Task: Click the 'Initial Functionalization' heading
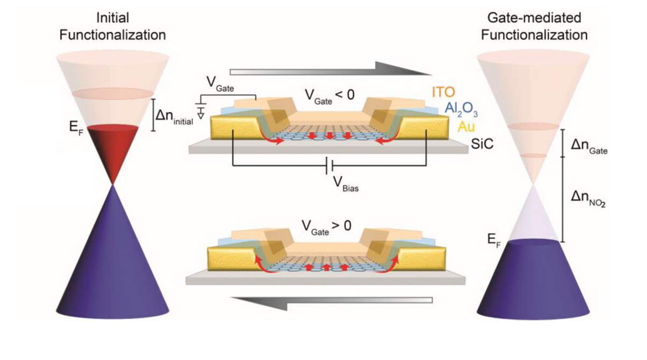pos(112,27)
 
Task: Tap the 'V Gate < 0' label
pos(328,95)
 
